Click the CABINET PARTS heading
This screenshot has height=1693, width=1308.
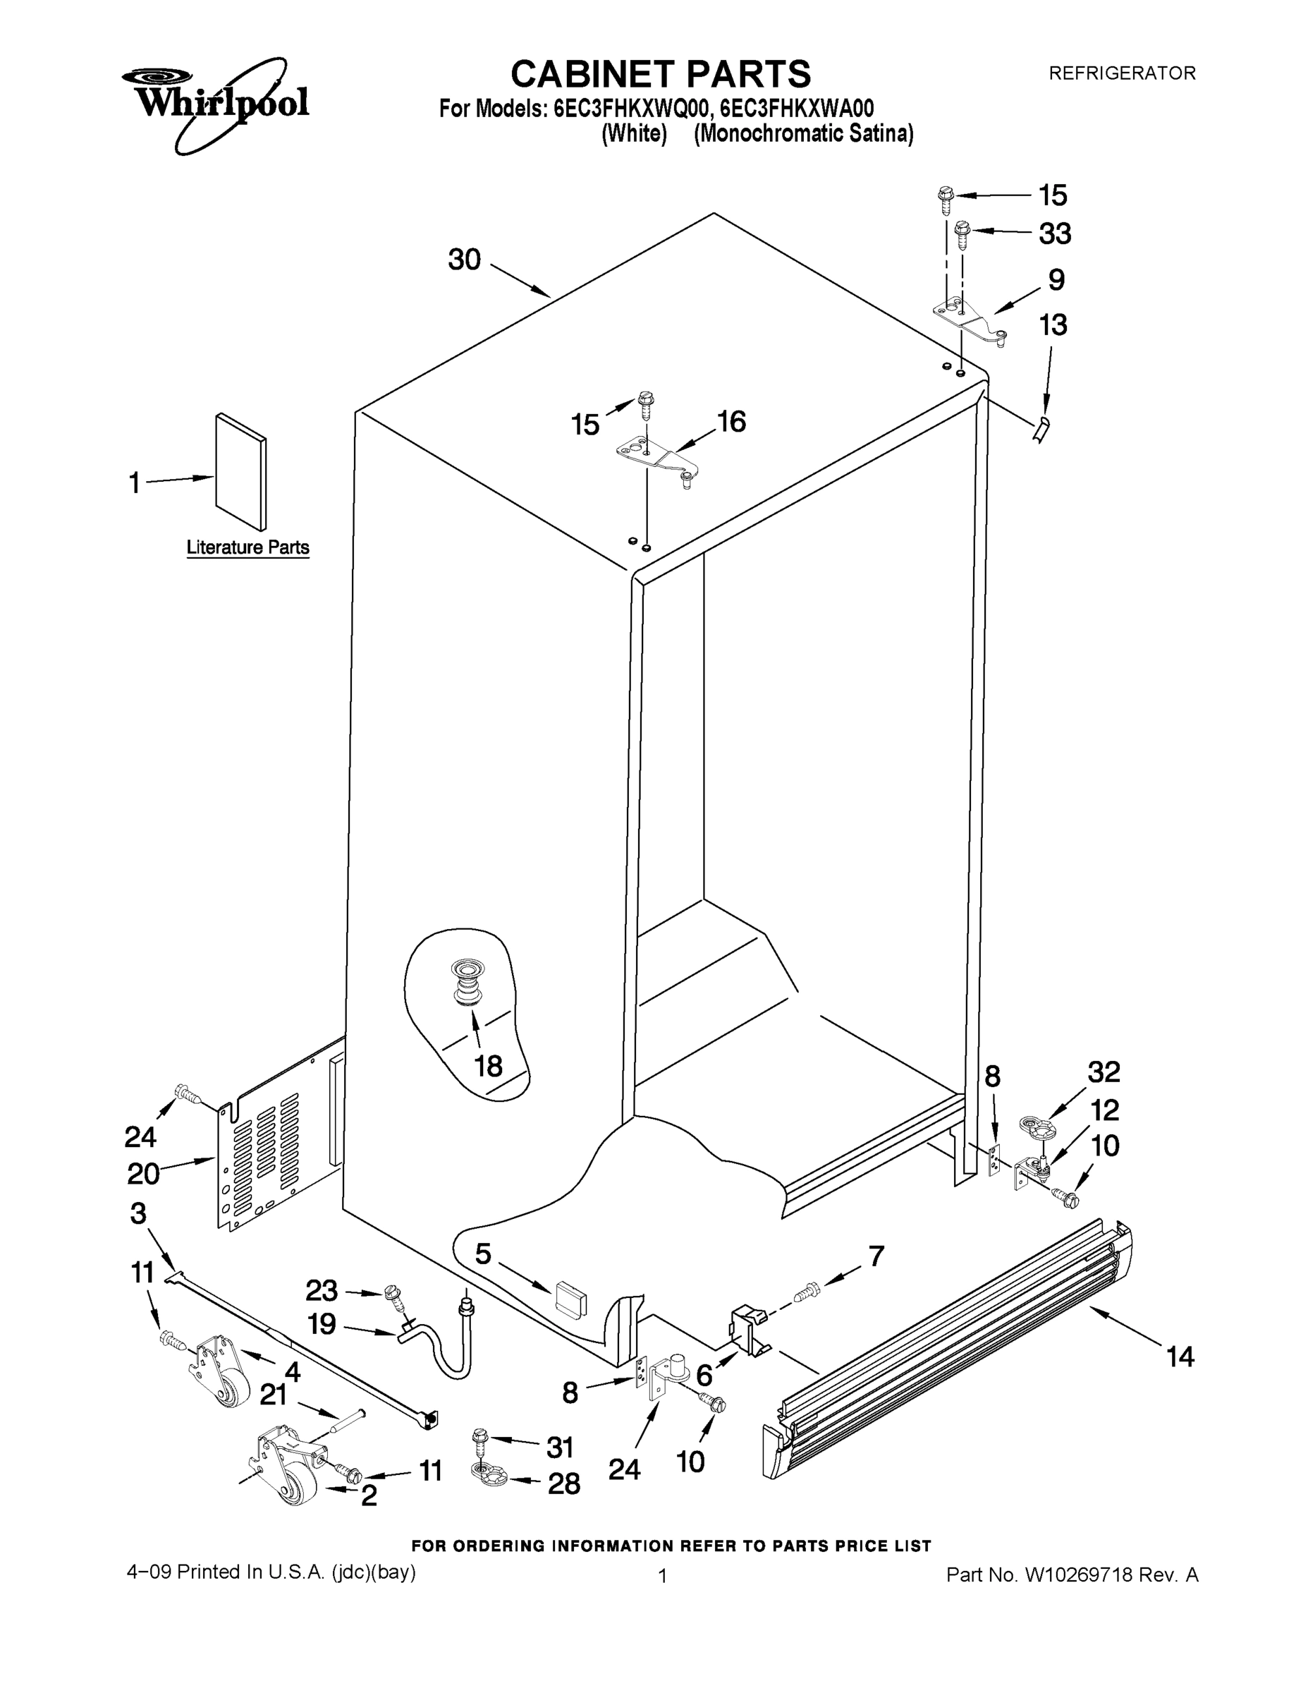(x=660, y=74)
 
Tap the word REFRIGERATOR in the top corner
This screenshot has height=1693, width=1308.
(x=1121, y=73)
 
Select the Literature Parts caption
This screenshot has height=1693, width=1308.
(x=248, y=547)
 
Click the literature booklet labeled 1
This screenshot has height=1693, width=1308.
(x=240, y=471)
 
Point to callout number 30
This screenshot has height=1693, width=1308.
(x=465, y=260)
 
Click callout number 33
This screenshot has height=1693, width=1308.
(x=1055, y=233)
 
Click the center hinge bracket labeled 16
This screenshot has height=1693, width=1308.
(x=656, y=457)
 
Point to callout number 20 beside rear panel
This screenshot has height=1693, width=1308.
(x=143, y=1174)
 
